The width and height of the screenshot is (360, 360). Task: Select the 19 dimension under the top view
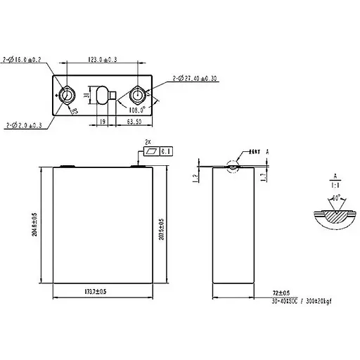point(102,122)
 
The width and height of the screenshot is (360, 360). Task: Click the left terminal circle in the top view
point(69,94)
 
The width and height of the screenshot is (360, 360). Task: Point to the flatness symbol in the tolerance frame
point(150,151)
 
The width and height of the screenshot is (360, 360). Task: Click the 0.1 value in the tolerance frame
point(166,151)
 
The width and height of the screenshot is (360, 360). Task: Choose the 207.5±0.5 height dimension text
point(162,225)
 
